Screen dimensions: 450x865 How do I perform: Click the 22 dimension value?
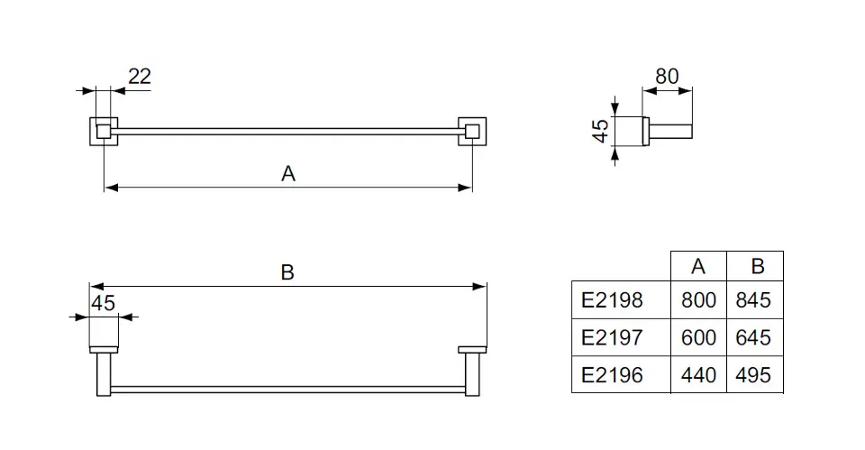139,77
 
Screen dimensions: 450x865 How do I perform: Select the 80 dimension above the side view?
667,77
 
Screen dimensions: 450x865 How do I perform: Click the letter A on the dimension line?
288,174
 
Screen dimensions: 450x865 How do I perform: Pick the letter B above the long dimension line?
287,272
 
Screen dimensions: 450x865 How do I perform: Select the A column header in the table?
698,266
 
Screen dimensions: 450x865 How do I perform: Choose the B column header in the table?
757,266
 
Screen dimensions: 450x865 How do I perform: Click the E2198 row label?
613,300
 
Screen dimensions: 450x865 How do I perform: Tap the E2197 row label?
613,337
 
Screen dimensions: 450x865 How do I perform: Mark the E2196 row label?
613,374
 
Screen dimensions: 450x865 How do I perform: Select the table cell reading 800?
698,300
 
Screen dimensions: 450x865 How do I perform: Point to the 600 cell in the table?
698,337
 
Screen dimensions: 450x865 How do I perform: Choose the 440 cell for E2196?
698,374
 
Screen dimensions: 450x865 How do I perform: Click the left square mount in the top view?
104,133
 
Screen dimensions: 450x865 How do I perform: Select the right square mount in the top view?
471,133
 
